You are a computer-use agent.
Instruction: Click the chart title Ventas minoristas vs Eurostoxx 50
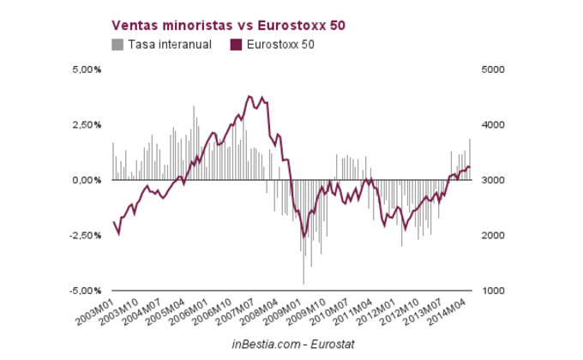click(x=229, y=26)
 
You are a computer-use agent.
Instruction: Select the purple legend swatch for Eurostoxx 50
click(x=237, y=44)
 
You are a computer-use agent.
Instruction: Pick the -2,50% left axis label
click(x=86, y=236)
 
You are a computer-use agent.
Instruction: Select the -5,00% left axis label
click(x=86, y=291)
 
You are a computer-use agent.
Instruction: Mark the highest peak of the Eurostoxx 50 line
click(x=249, y=96)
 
